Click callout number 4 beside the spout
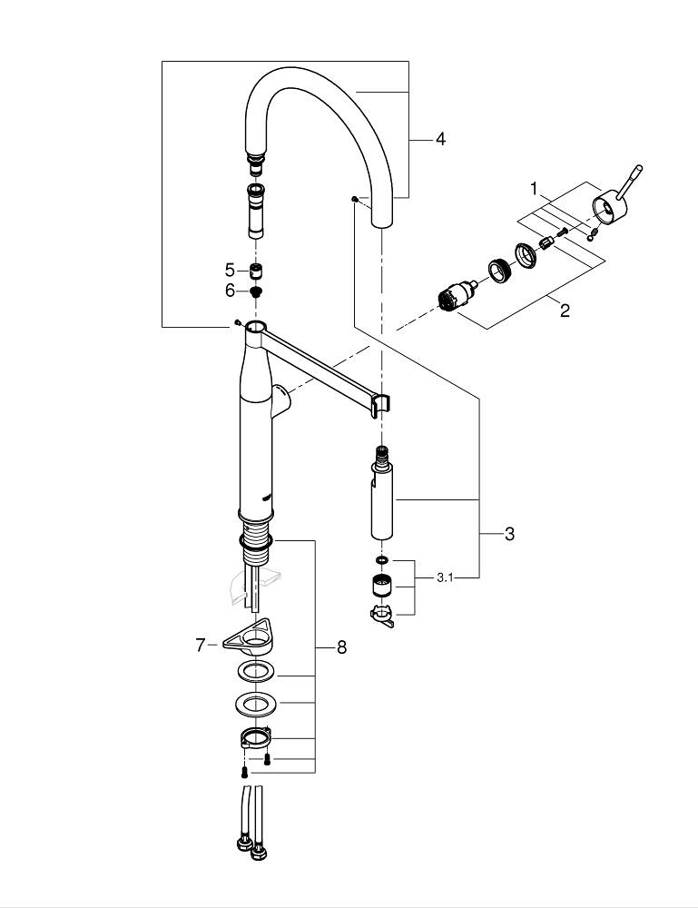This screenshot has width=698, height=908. (x=440, y=139)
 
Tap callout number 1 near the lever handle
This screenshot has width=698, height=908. (x=535, y=189)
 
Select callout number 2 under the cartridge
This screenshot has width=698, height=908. (x=565, y=311)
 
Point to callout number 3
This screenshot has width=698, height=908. (x=509, y=534)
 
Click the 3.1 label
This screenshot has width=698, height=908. (x=446, y=577)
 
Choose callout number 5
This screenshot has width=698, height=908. (x=230, y=270)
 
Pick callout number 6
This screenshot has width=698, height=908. (x=230, y=291)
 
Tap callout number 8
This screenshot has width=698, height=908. (x=341, y=647)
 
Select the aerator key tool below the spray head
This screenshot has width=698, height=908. (x=382, y=616)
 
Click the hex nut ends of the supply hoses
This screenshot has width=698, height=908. (x=251, y=852)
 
